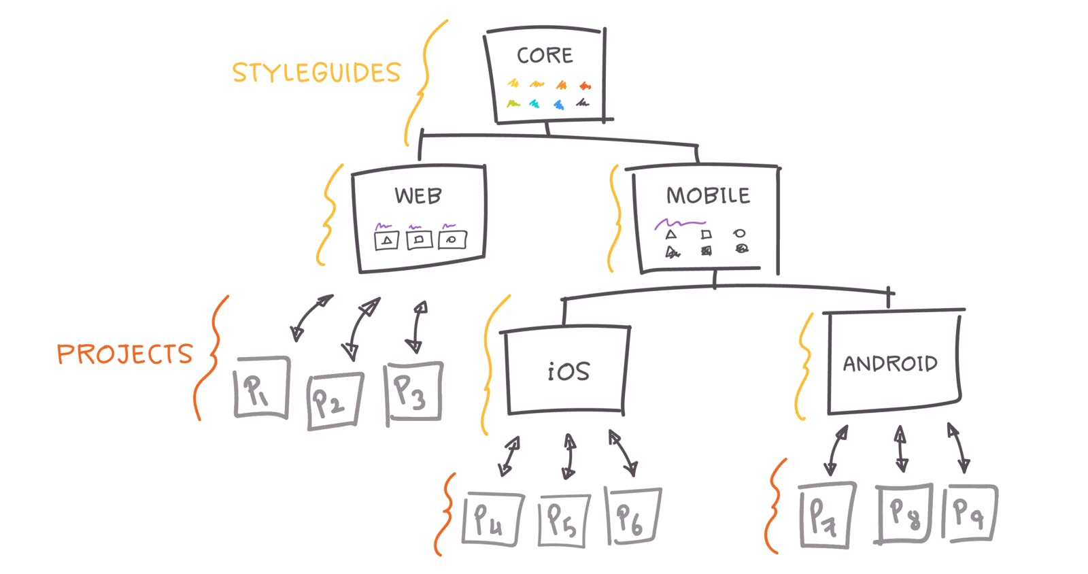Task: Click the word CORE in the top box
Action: tap(545, 55)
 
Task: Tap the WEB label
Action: tap(418, 196)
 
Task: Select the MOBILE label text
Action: tap(708, 195)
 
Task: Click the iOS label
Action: tap(568, 371)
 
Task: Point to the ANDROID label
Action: tap(890, 363)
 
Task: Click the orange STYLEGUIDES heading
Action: tap(317, 73)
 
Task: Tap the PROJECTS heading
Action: tap(125, 354)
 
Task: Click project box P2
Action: tap(335, 401)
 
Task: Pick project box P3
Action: tap(414, 392)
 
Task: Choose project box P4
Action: tap(492, 519)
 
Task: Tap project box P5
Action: tap(564, 520)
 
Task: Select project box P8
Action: tap(904, 513)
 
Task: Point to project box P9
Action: tap(969, 512)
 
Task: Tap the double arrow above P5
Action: tap(569, 456)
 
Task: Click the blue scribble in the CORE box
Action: tap(559, 105)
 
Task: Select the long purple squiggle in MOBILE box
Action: tap(679, 223)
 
